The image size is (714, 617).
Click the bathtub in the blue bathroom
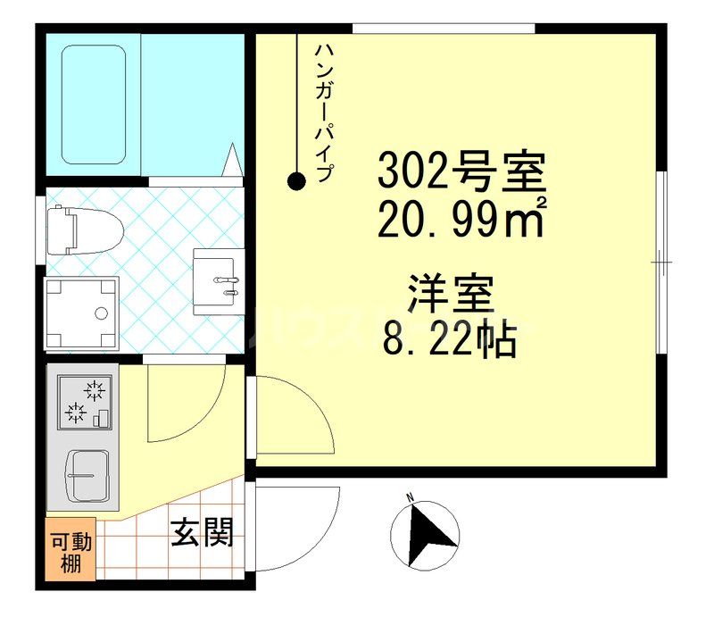(x=93, y=104)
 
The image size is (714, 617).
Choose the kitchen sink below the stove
(x=89, y=475)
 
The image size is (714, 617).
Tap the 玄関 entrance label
(x=202, y=533)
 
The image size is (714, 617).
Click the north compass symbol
(x=425, y=534)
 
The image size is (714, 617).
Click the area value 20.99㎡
(x=461, y=218)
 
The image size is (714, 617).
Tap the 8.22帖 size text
(x=451, y=338)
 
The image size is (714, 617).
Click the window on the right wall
(x=662, y=261)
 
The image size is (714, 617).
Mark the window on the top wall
(x=443, y=29)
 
